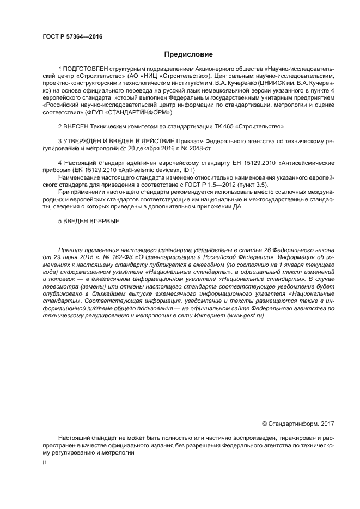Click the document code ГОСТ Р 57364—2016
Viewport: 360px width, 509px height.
[x=72, y=37]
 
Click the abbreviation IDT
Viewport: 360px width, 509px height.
[x=188, y=170]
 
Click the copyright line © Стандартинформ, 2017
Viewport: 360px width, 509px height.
[x=297, y=424]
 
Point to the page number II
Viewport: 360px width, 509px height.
[x=44, y=462]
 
